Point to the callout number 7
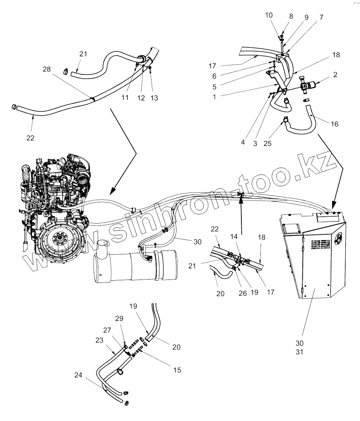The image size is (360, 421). (321, 17)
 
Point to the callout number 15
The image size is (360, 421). (177, 370)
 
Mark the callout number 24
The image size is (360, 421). (78, 375)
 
